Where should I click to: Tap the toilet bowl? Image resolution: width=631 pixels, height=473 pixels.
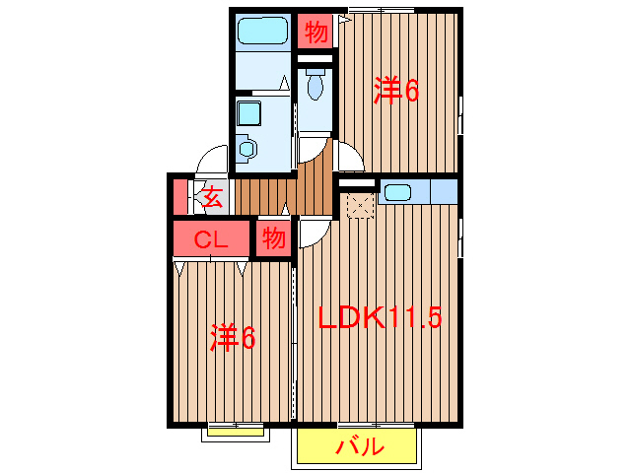pyautogui.click(x=315, y=88)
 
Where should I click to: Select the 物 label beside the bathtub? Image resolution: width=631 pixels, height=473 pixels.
pyautogui.click(x=315, y=33)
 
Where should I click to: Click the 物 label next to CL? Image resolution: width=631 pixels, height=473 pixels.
pyautogui.click(x=274, y=238)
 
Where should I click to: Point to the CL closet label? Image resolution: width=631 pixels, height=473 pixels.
pyautogui.click(x=211, y=239)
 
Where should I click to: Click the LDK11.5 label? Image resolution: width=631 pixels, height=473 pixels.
pyautogui.click(x=381, y=318)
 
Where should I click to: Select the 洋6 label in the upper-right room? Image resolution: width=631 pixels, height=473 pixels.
pyautogui.click(x=396, y=91)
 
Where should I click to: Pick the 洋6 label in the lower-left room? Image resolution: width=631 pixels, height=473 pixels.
pyautogui.click(x=233, y=338)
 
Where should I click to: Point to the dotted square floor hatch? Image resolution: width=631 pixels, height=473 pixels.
pyautogui.click(x=359, y=206)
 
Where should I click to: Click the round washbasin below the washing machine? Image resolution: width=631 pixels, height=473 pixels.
pyautogui.click(x=246, y=149)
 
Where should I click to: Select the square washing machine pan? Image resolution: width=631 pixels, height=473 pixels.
pyautogui.click(x=247, y=111)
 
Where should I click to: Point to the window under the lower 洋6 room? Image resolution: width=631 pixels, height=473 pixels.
pyautogui.click(x=236, y=428)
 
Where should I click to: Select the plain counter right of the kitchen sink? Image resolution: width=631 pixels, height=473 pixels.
pyautogui.click(x=441, y=190)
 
